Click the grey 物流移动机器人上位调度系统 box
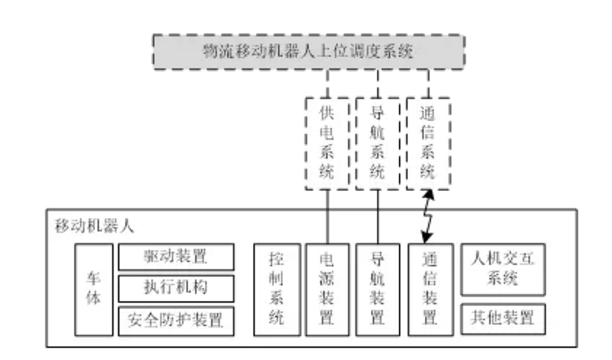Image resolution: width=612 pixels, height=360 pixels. pos(308,52)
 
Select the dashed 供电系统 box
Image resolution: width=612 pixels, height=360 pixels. pos(326,144)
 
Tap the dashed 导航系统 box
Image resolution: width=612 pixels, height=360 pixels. pos(376,144)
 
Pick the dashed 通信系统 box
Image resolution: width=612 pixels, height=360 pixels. pos(428,144)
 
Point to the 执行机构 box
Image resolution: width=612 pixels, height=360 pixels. pos(175,288)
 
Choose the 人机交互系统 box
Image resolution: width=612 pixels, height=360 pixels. pos(502,269)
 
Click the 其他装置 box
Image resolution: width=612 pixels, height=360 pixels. pos(502,318)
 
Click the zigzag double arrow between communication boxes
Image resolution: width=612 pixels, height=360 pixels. pos(427,216)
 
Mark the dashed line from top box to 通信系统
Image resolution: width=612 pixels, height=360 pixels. pos(428,83)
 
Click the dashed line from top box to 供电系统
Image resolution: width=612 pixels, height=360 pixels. pos(326,83)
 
